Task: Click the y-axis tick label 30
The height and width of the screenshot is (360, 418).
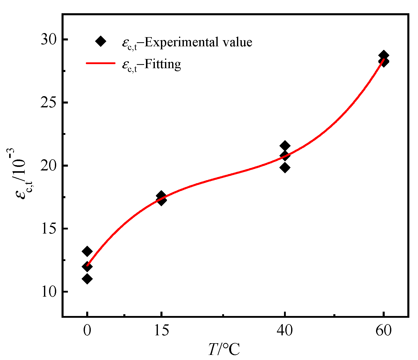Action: pos(49,40)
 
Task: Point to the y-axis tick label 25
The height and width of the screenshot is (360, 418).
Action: pos(49,103)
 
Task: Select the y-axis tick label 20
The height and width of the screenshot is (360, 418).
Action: pos(49,166)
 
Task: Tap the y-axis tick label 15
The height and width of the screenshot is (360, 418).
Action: pos(49,229)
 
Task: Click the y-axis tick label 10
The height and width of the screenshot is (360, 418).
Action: pos(49,292)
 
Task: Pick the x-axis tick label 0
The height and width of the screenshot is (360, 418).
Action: pos(87,331)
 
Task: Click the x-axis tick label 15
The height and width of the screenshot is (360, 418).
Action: pos(161,331)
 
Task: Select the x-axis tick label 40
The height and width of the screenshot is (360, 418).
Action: pos(285,331)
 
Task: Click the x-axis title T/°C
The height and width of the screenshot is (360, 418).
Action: pos(224,350)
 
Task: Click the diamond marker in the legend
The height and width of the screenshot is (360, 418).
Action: pos(101,41)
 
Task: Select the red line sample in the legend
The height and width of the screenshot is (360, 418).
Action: pos(101,63)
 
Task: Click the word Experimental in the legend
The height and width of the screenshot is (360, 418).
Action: pos(180,42)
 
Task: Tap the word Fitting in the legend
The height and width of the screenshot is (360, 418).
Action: pos(163,64)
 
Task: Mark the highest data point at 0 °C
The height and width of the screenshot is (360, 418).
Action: pos(87,252)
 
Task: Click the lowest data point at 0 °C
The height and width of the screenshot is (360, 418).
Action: pos(87,279)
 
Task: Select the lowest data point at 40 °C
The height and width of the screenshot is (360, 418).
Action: pos(285,168)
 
